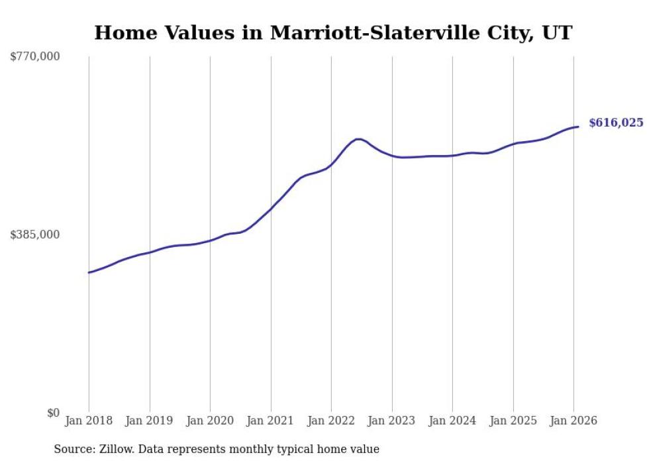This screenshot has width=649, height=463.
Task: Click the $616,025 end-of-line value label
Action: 616,123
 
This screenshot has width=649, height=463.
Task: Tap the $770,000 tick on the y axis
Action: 35,57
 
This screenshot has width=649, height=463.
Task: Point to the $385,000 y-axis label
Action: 35,234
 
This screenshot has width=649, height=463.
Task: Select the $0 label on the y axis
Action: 53,413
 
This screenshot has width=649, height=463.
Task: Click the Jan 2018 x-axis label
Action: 89,421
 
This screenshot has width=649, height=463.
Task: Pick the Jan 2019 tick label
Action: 150,421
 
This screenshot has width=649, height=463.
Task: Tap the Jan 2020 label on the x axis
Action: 210,421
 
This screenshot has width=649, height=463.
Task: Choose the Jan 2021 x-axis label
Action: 271,421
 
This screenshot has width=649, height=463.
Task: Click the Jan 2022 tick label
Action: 331,421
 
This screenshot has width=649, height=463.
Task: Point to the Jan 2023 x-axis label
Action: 392,421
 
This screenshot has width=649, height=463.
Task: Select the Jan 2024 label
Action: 452,421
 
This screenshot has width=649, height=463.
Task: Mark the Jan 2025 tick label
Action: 513,421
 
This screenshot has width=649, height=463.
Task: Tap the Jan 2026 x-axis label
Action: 574,421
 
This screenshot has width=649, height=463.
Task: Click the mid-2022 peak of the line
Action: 358,139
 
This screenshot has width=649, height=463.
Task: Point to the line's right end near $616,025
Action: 578,127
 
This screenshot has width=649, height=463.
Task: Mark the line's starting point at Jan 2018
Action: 89,272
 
